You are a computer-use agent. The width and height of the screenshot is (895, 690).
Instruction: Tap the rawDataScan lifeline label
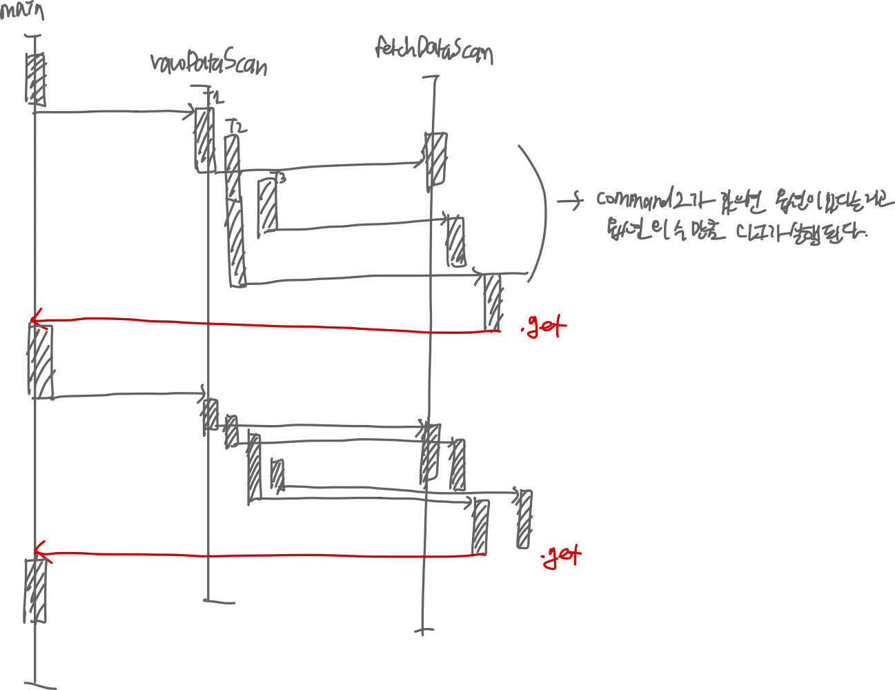point(208,64)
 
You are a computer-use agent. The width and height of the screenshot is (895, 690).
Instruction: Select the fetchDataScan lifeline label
point(434,50)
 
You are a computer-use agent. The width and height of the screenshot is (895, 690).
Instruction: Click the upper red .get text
point(544,326)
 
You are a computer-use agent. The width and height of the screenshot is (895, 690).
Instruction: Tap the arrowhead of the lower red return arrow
point(39,551)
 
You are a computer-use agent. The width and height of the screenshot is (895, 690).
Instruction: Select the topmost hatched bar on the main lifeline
point(36,79)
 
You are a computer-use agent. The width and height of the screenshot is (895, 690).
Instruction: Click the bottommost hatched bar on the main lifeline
point(36,590)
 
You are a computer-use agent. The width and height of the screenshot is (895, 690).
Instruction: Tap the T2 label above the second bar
point(237,127)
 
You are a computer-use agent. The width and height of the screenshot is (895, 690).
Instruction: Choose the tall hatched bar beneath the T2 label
point(235,210)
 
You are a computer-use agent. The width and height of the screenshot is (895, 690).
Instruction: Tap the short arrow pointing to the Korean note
point(570,201)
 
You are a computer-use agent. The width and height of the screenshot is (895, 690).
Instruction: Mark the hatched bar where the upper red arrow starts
point(493,302)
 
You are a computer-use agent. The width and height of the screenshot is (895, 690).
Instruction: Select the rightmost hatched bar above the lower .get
point(524,519)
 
